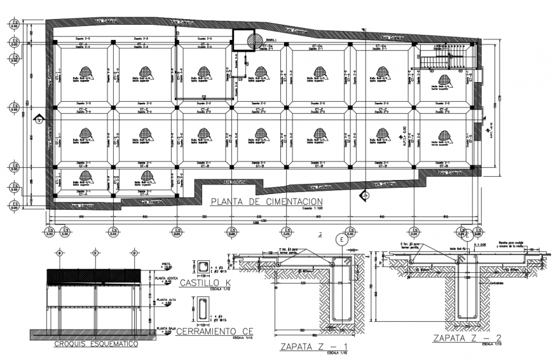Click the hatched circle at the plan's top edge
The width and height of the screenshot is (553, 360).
254,40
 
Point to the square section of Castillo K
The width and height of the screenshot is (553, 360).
203,266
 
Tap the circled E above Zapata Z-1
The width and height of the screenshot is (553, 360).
342,240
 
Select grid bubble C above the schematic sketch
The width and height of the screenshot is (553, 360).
95,253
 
